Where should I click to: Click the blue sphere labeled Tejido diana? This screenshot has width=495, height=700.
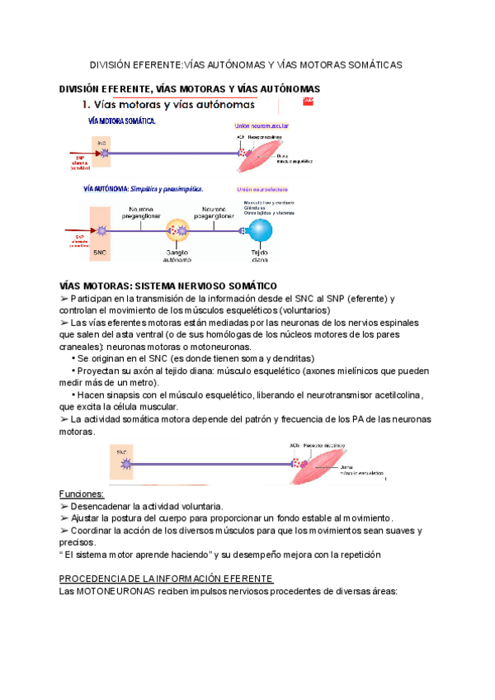tap(260, 231)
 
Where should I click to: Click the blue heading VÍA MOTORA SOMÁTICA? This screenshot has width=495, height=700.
tap(122, 121)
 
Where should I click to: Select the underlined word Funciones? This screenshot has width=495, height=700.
tap(82, 493)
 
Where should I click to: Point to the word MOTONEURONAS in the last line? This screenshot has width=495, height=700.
tap(113, 591)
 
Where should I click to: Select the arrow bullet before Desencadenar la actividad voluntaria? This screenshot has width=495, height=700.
tap(65, 505)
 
